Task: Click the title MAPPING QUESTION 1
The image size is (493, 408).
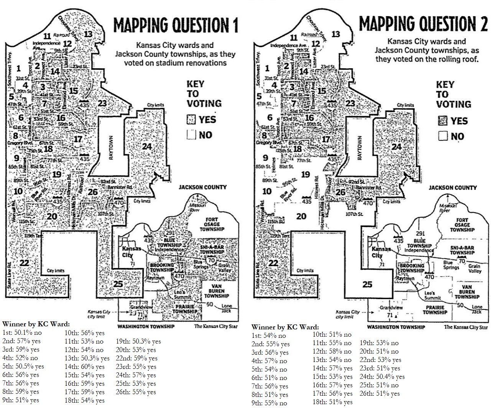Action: (176, 25)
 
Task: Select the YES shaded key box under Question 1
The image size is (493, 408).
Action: (191, 120)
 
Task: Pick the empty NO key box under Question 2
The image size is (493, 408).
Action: (444, 136)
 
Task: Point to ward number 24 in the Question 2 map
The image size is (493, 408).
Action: (397, 147)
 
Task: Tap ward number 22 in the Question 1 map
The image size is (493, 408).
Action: (25, 263)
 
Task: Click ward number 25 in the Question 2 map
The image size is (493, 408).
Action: (367, 285)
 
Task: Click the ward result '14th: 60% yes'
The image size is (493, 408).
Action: (84, 367)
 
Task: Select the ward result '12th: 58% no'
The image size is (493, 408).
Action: (332, 351)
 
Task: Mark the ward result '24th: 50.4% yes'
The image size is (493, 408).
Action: (382, 377)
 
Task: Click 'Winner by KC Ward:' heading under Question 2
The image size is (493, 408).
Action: (285, 327)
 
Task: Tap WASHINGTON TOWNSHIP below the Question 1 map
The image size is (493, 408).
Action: (146, 326)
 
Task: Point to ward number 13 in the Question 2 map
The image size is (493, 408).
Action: (336, 34)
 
